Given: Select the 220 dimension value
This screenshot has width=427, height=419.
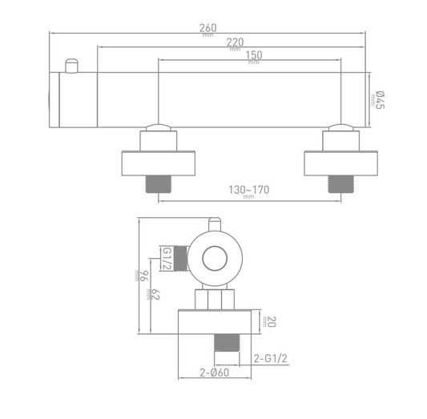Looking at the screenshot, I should pyautogui.click(x=234, y=42).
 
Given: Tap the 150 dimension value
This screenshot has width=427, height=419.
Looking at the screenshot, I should pyautogui.click(x=253, y=54).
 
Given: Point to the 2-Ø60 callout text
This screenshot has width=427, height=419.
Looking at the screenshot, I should pyautogui.click(x=216, y=373).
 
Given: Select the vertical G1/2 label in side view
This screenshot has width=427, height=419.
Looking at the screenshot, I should pyautogui.click(x=167, y=259).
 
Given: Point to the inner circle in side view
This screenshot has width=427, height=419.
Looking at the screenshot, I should pyautogui.click(x=215, y=259).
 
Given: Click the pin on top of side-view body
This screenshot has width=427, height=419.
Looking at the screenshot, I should pyautogui.click(x=214, y=225).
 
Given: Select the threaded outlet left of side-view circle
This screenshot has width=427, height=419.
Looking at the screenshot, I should pyautogui.click(x=183, y=259).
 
